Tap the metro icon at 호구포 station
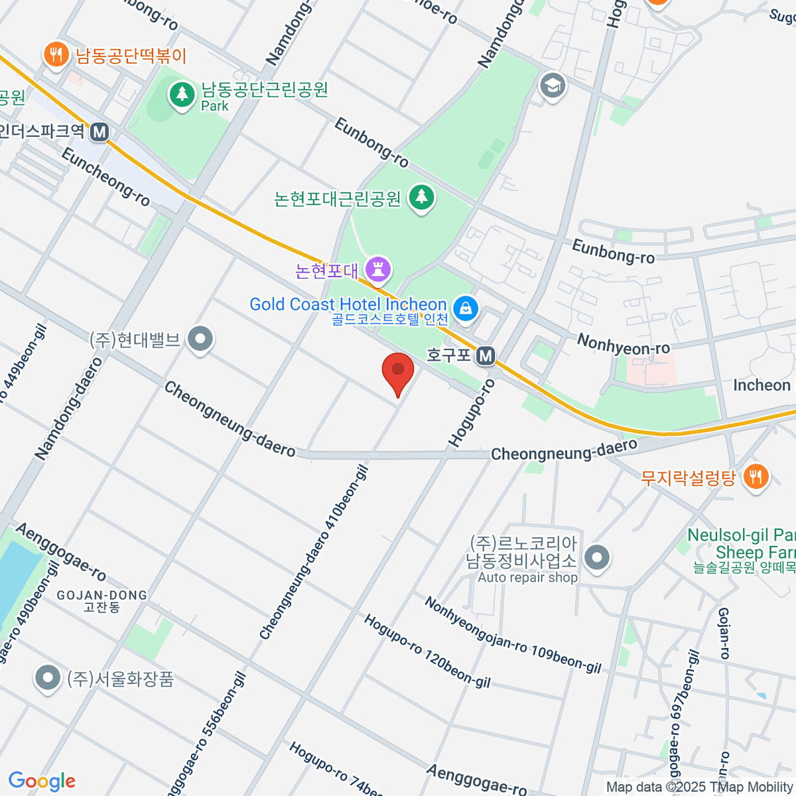[486, 356]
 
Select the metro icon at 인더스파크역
[99, 132]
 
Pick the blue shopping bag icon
[466, 308]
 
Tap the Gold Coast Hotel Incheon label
[348, 304]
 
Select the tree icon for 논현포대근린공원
[421, 197]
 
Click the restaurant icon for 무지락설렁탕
[755, 476]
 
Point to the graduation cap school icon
[552, 86]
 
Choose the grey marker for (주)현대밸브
[200, 339]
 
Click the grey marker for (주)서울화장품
[47, 678]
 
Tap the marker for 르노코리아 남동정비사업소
[598, 557]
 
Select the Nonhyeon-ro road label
[624, 344]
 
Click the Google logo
[42, 781]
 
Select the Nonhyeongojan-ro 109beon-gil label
[513, 635]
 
